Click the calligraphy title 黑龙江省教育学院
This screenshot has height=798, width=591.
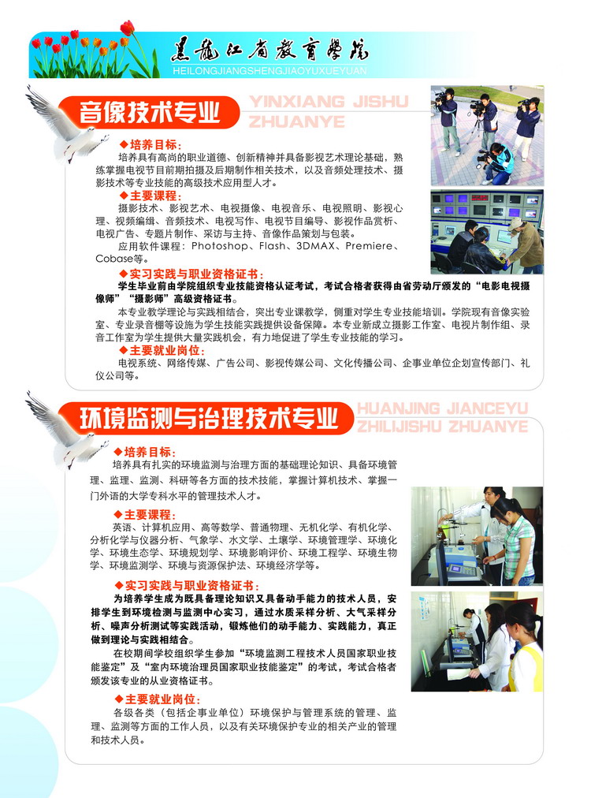pyautogui.click(x=269, y=51)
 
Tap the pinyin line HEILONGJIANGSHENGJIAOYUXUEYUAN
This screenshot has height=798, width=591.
pyautogui.click(x=269, y=71)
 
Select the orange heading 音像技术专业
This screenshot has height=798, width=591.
pyautogui.click(x=149, y=112)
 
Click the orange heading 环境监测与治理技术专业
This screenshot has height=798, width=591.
pyautogui.click(x=209, y=419)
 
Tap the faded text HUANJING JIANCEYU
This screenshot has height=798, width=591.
pyautogui.click(x=443, y=408)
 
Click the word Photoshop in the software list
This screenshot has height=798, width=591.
pyautogui.click(x=220, y=246)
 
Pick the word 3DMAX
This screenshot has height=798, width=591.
pyautogui.click(x=315, y=246)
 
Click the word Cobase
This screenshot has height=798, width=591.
pyautogui.click(x=114, y=259)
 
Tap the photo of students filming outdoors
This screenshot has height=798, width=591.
pyautogui.click(x=487, y=136)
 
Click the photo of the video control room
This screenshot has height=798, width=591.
pyautogui.click(x=487, y=232)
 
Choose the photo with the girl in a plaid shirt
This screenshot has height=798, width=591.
pyautogui.click(x=477, y=536)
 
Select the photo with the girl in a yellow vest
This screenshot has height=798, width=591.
pyautogui.click(x=477, y=641)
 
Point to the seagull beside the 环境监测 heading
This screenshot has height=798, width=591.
pyautogui.click(x=66, y=430)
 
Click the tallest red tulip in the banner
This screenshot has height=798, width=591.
pyautogui.click(x=127, y=28)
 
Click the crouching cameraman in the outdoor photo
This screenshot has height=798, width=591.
pyautogui.click(x=496, y=163)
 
